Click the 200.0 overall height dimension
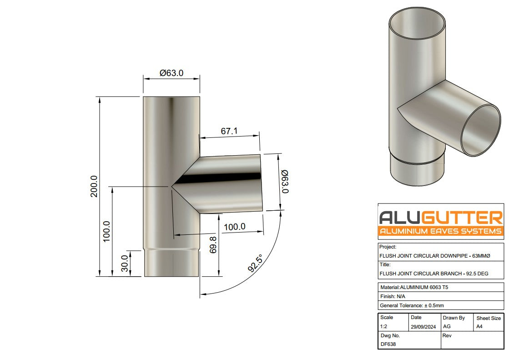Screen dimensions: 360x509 coord(94,186)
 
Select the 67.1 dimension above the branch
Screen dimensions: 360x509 coord(229,131)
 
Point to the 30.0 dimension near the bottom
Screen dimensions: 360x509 coord(124,264)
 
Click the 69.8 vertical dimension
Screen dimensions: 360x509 coord(212,245)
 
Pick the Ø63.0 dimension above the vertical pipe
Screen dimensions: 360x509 coord(171,73)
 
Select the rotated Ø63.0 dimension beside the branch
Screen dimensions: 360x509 coord(285,182)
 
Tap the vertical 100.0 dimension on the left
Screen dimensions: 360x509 coord(106,231)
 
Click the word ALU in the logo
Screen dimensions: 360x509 coord(399,216)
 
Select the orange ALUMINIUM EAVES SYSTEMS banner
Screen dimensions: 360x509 coord(441,231)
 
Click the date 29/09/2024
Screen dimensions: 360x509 coord(423,327)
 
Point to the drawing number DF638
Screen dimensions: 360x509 coord(388,344)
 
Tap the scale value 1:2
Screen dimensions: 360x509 coord(384,327)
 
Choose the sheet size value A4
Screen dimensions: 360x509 coord(479,327)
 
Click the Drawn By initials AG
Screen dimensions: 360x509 coord(447,327)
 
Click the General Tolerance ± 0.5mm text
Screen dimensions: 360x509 coord(411,305)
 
